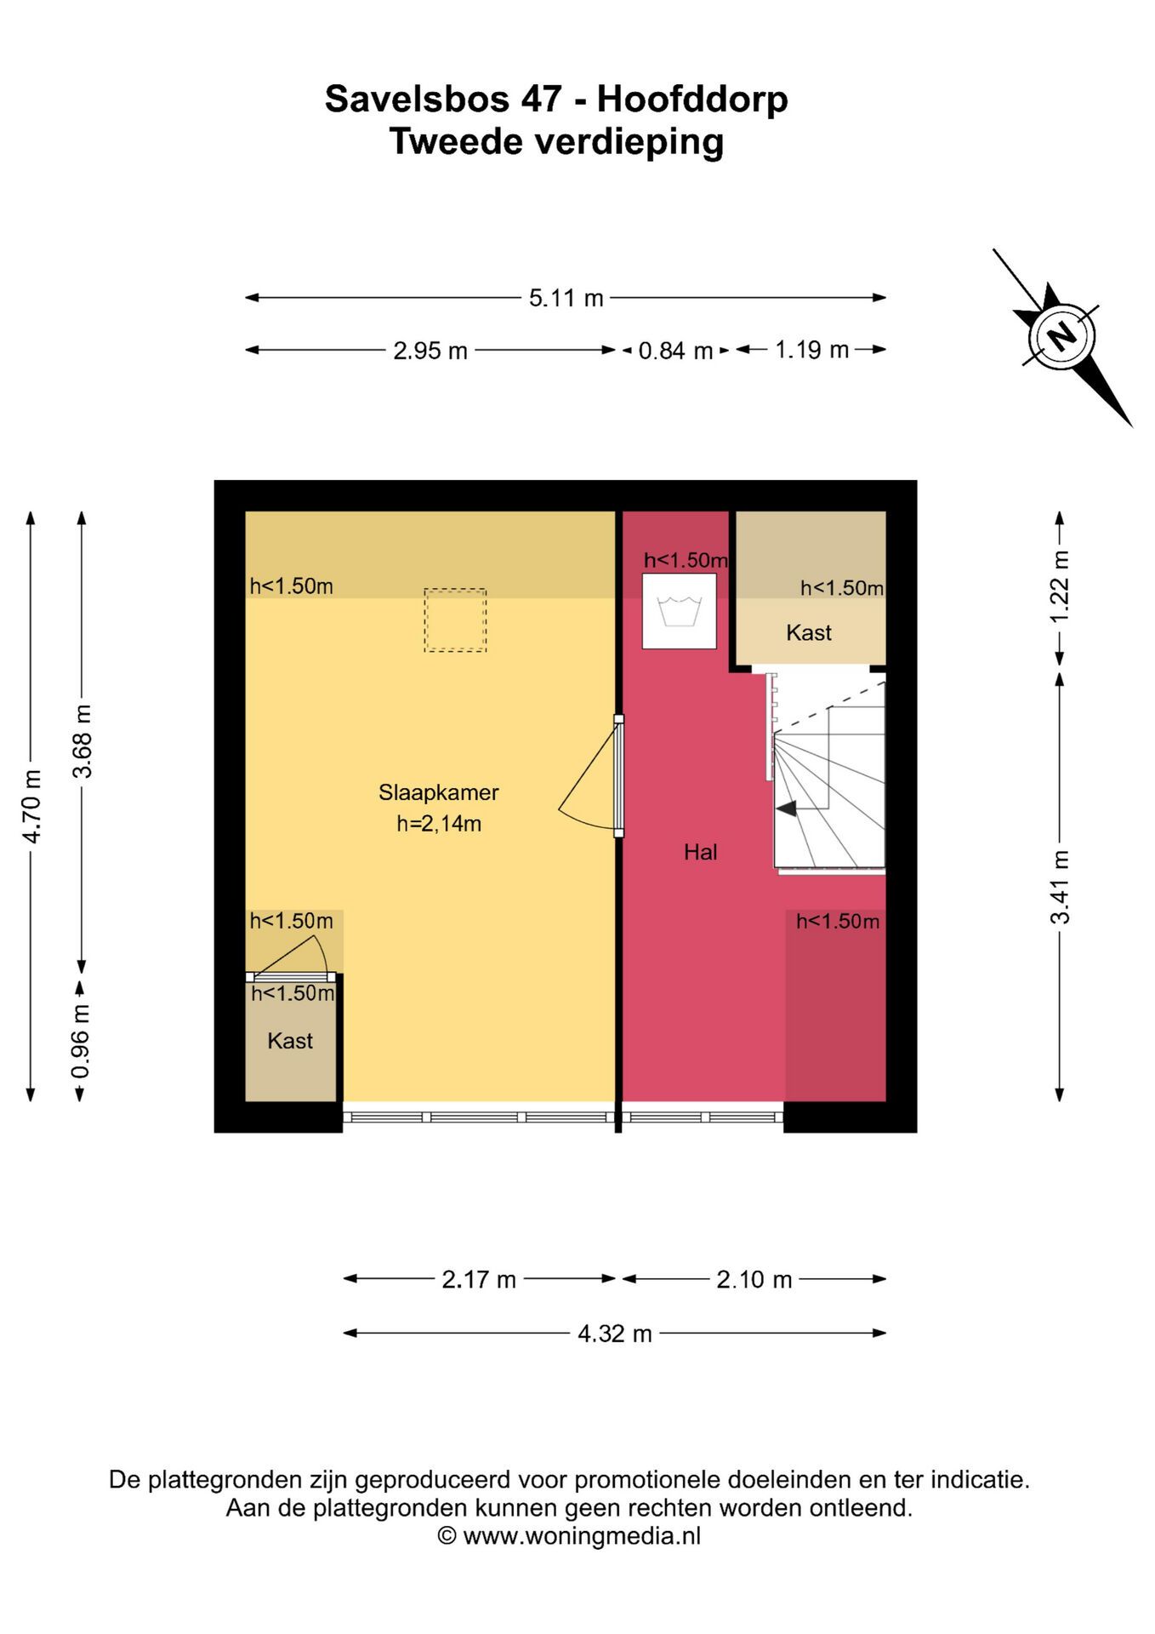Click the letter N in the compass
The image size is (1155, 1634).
click(x=1061, y=336)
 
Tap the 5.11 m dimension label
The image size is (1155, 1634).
click(x=566, y=298)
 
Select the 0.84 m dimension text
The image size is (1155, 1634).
click(x=675, y=350)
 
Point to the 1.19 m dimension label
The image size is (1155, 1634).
click(x=811, y=349)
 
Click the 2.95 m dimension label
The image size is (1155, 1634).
click(x=430, y=350)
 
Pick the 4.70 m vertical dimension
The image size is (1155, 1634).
click(x=31, y=806)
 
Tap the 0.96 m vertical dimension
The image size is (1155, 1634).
click(x=80, y=1041)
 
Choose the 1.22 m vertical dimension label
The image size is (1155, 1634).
click(x=1059, y=587)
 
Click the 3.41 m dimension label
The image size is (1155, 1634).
click(x=1060, y=887)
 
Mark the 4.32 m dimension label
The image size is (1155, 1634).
click(x=615, y=1333)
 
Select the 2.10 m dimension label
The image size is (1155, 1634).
click(x=754, y=1279)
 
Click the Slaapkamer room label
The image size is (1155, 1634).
click(x=439, y=792)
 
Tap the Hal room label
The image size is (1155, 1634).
click(x=701, y=852)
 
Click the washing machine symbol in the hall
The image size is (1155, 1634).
click(x=679, y=611)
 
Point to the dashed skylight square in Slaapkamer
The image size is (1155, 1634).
click(x=456, y=620)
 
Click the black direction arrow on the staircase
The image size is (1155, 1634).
click(x=786, y=808)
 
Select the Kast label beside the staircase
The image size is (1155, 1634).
click(x=809, y=632)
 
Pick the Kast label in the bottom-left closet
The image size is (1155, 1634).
click(x=290, y=1040)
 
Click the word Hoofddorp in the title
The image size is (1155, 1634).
click(x=692, y=100)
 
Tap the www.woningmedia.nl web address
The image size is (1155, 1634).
click(x=582, y=1535)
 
